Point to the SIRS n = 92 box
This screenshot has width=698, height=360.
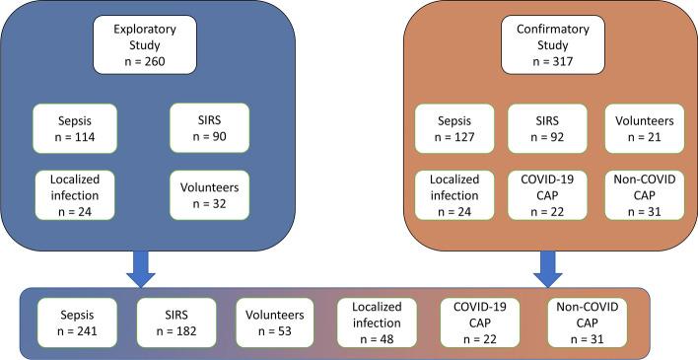click(543, 128)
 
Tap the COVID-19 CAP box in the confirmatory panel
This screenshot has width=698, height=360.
click(543, 193)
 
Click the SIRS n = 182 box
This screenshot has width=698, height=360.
click(171, 324)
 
